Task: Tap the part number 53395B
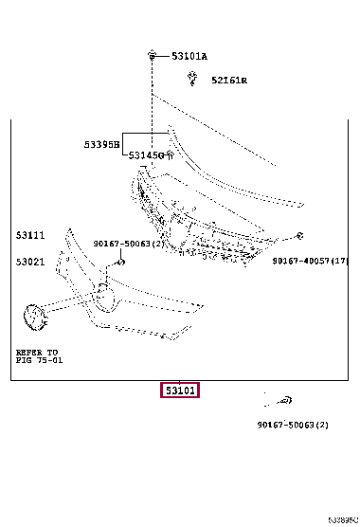101,145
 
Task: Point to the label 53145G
146,154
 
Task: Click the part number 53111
29,234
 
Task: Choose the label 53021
29,261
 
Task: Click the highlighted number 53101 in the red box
178,390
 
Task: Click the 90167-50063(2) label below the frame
293,425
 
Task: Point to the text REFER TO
36,352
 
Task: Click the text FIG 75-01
39,359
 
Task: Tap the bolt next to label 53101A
153,57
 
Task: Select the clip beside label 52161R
191,81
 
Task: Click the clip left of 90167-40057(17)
298,235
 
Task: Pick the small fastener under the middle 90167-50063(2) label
119,260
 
